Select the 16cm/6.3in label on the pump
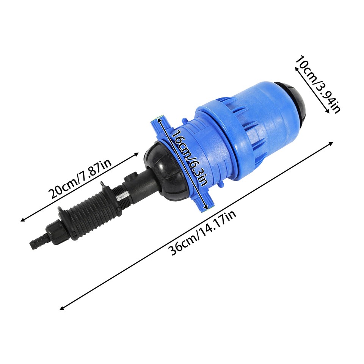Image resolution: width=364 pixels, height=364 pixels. point(188,158)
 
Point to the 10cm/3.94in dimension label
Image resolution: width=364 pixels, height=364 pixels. point(318,84)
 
